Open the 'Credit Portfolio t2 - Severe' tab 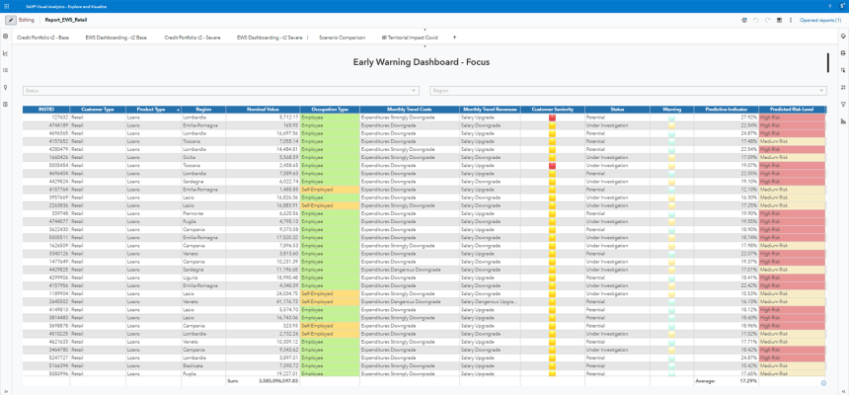point(192,37)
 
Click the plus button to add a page point(454,37)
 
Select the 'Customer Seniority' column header point(552,109)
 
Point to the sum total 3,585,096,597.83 point(270,380)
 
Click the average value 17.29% point(748,380)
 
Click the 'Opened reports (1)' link point(819,20)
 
